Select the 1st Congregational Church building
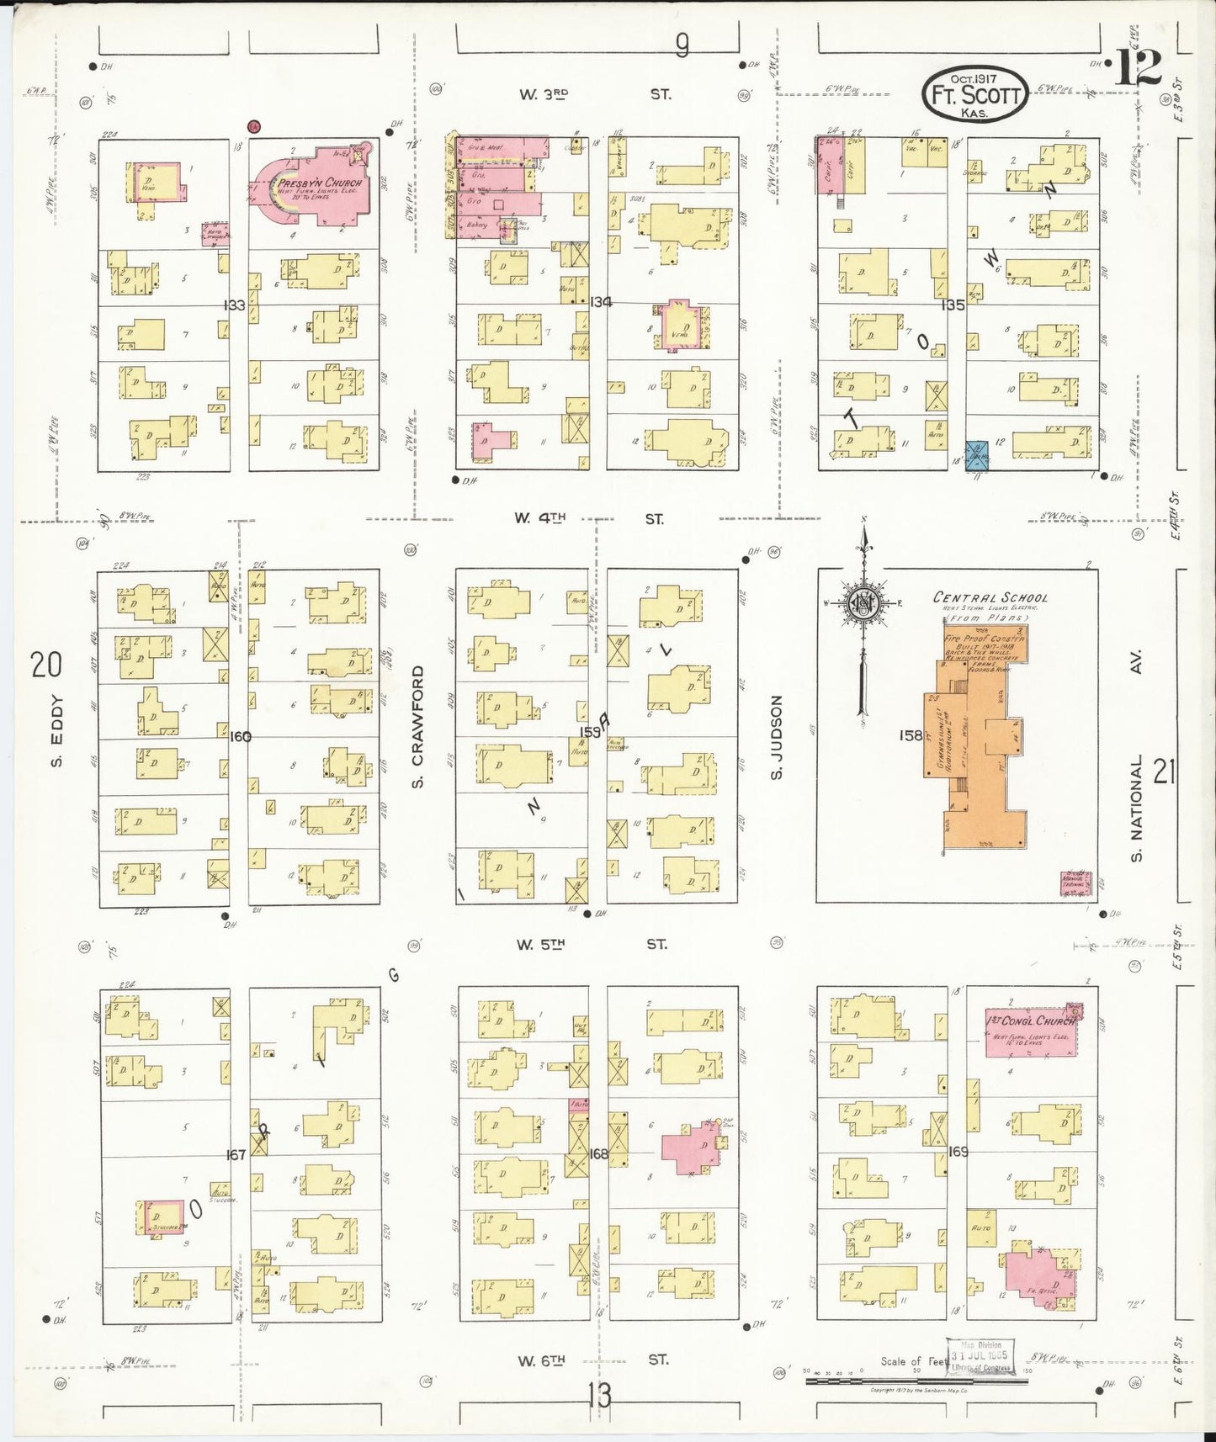1031,1030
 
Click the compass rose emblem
863,602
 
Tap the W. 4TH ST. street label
588,519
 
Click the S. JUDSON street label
776,736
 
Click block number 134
601,301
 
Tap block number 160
240,736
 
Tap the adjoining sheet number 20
45,665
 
